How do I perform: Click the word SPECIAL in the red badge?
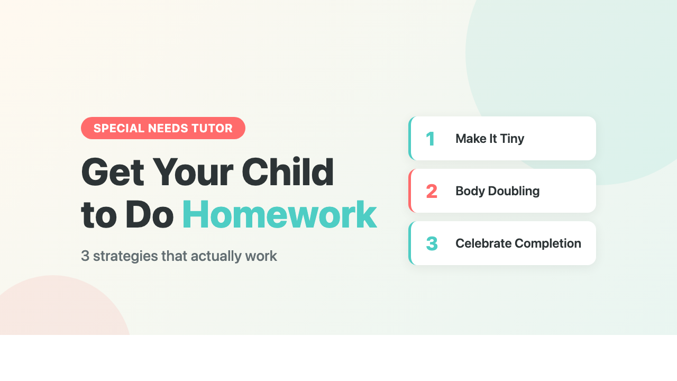click(118, 128)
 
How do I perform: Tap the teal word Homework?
click(279, 215)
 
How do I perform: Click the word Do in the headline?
click(150, 215)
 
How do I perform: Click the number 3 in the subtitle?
click(85, 256)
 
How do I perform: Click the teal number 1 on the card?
click(431, 139)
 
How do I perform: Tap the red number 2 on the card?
click(432, 191)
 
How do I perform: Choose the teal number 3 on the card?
click(432, 243)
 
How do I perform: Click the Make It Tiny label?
click(489, 139)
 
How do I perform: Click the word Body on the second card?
click(467, 191)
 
